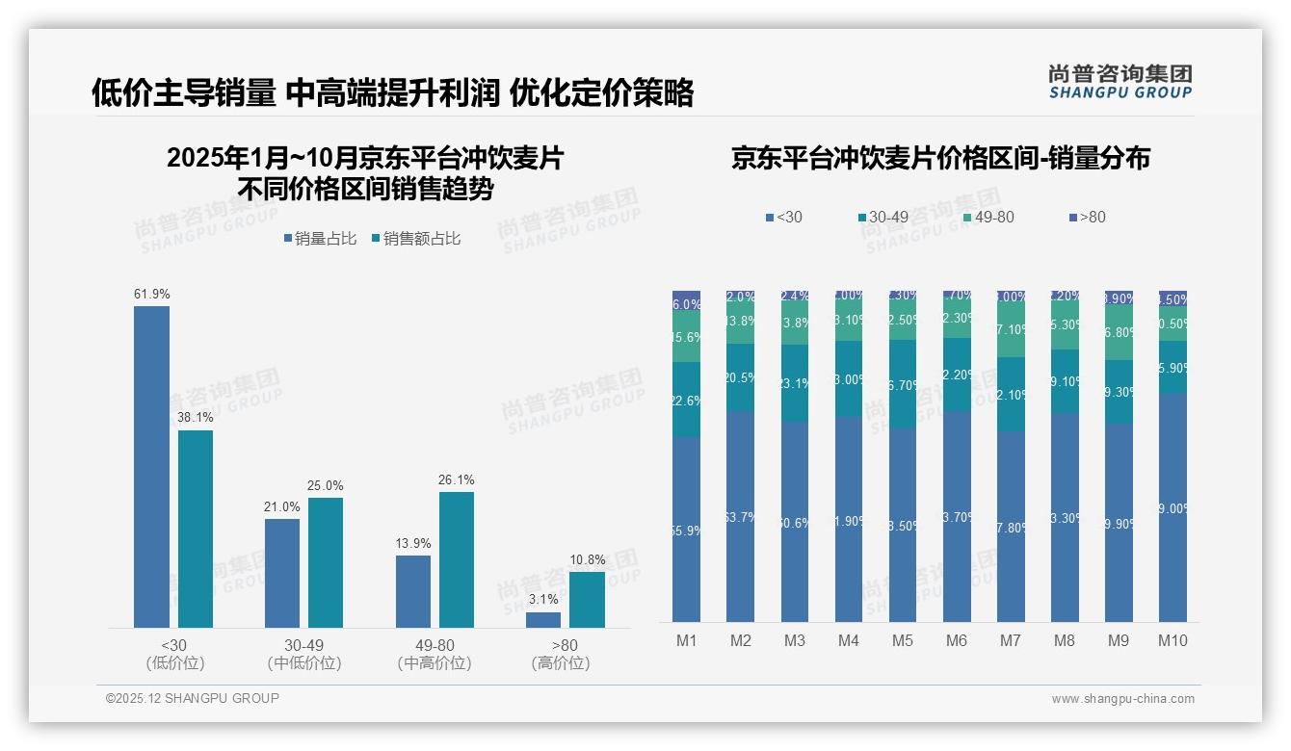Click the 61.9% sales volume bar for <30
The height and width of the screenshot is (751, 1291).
coord(151,467)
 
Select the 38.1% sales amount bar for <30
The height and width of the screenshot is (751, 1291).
coord(196,529)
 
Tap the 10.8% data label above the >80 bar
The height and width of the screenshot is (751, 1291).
coord(588,560)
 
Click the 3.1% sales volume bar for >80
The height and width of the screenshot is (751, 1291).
coord(543,620)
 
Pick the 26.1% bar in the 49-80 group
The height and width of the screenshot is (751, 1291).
coord(457,559)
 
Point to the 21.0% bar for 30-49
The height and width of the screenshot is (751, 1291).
coord(282,573)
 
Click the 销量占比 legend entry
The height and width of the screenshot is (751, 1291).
coord(325,239)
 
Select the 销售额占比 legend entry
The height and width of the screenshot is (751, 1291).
coord(416,239)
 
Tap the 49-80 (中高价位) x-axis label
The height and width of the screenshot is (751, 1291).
coord(434,654)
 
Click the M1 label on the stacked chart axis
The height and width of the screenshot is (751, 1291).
coord(686,641)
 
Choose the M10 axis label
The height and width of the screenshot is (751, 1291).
coord(1172,641)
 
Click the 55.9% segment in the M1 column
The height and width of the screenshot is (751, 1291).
coord(686,529)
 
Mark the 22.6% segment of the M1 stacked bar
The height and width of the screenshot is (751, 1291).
coord(686,400)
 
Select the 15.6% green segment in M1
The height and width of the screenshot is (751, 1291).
coord(686,337)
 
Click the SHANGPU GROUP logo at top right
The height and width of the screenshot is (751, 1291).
coord(1120,82)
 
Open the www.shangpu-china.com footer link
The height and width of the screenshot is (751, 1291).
coord(1122,699)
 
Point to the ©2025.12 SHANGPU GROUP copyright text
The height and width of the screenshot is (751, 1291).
coord(193,698)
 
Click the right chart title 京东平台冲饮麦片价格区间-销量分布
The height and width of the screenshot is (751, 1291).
coord(940,159)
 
